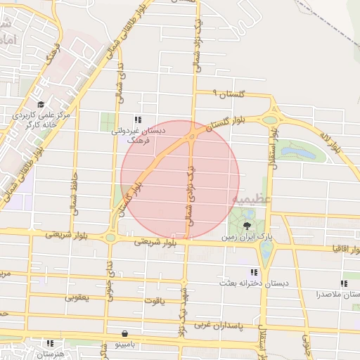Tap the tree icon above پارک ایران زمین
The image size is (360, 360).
247,226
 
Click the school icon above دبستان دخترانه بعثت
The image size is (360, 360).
254,272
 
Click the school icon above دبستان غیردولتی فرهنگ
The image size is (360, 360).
139,119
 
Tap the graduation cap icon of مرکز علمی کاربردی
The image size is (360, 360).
34,103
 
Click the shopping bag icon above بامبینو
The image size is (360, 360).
124,333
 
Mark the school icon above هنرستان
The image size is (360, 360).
50,343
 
